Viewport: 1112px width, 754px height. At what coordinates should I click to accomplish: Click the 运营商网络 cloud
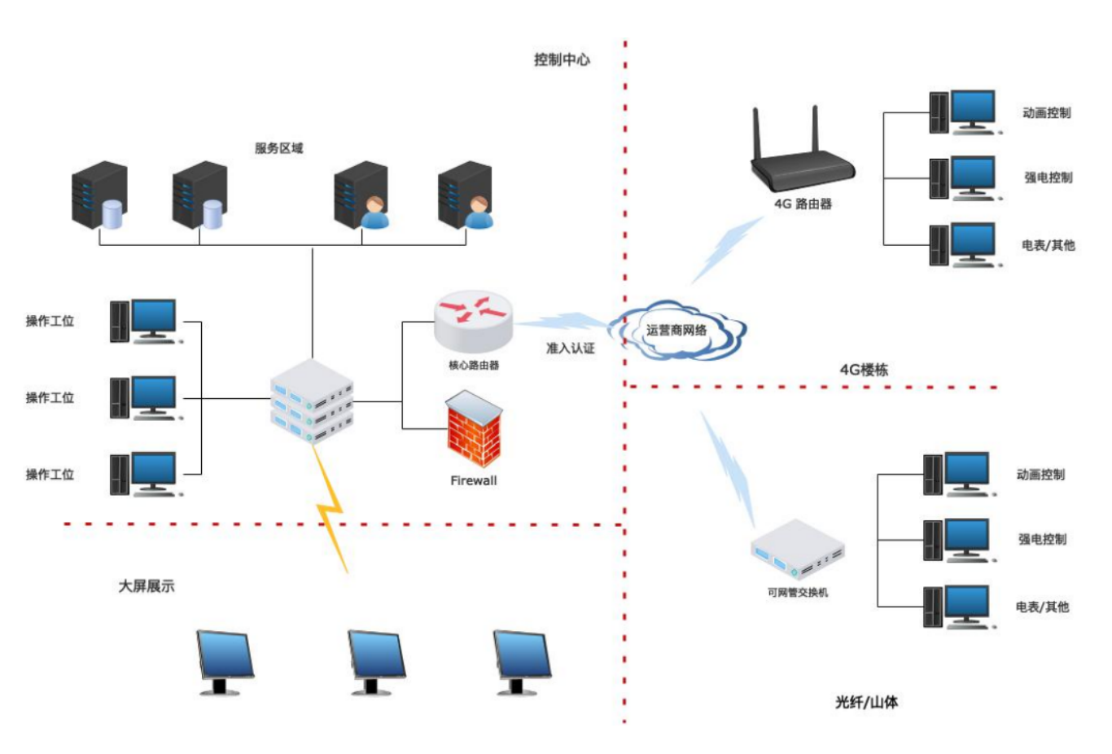[x=677, y=330]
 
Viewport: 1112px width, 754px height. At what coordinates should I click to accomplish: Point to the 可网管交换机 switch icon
[x=798, y=550]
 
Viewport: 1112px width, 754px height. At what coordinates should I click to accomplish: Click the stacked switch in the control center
[x=312, y=401]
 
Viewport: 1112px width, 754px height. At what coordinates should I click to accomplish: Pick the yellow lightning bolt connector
[x=331, y=509]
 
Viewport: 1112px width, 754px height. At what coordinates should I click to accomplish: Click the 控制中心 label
[x=562, y=60]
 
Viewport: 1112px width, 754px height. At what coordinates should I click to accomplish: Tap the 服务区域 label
[x=279, y=148]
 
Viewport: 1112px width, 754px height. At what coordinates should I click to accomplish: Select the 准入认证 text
[x=571, y=349]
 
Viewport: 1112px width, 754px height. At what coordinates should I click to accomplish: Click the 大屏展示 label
[x=147, y=586]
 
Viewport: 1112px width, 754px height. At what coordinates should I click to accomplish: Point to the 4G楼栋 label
[x=864, y=370]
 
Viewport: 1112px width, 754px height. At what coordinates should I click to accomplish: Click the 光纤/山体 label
[x=866, y=702]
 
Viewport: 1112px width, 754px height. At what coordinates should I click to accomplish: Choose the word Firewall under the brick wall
[x=474, y=480]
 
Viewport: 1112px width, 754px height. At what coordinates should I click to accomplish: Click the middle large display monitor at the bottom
[x=376, y=663]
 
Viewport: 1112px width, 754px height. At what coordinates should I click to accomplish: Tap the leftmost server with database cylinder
[x=99, y=195]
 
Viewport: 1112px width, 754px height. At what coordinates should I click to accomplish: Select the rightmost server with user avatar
[x=465, y=195]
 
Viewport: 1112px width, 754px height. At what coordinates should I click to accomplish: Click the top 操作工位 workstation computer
[x=146, y=322]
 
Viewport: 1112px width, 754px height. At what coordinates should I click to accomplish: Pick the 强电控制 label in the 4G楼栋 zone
[x=1049, y=178]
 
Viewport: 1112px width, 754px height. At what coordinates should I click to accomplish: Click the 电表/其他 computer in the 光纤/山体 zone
[x=960, y=607]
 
